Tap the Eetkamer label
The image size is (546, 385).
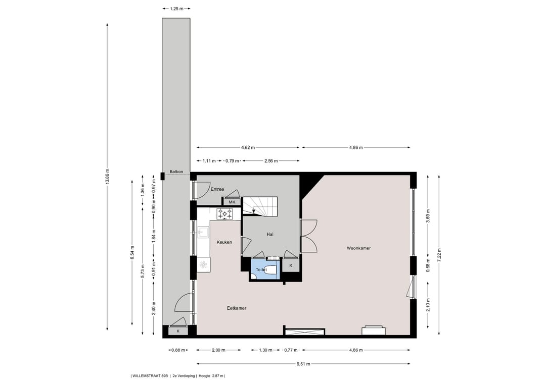(236, 308)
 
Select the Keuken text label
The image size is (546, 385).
(224, 242)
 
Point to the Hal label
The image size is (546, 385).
(270, 234)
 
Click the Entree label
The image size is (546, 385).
(217, 189)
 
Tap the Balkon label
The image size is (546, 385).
(176, 172)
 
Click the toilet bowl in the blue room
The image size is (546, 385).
(271, 270)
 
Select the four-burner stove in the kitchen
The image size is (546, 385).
(225, 214)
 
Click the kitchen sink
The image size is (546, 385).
(203, 232)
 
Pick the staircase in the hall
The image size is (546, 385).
(262, 206)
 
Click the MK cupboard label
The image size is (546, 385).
(232, 202)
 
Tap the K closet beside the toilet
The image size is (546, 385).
(291, 265)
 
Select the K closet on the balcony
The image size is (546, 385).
(177, 331)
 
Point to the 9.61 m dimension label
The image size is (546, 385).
(303, 363)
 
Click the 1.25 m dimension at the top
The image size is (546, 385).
(176, 9)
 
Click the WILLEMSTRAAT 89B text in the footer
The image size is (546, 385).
(150, 375)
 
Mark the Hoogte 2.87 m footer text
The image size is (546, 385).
(211, 375)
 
